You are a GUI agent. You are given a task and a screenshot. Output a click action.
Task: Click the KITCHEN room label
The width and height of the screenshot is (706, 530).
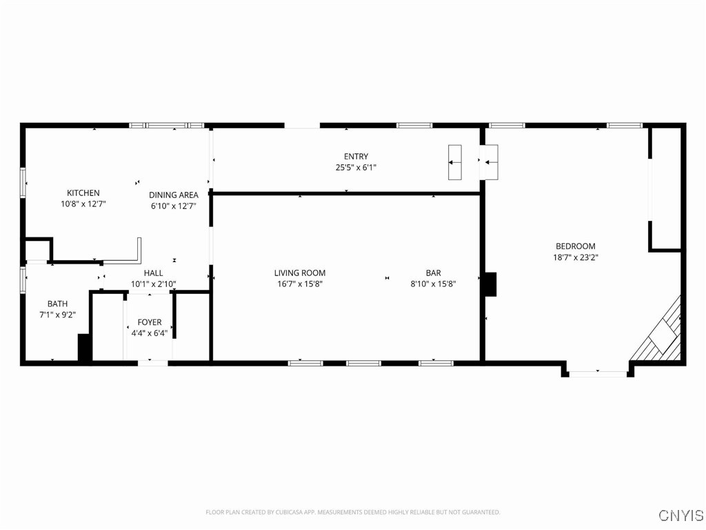click(x=83, y=193)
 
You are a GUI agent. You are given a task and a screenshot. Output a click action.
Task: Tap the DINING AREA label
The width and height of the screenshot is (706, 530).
click(x=173, y=195)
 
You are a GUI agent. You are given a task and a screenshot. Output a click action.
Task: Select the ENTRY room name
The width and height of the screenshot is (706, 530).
click(x=356, y=157)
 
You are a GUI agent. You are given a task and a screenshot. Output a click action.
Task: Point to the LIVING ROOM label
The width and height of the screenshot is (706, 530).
click(x=299, y=273)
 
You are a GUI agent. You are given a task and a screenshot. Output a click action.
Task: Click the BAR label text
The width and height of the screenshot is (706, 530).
click(x=433, y=273)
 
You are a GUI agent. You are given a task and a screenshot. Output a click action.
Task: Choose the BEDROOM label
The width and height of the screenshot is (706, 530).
click(x=575, y=246)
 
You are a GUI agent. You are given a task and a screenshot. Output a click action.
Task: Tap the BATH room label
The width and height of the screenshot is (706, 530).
click(x=57, y=304)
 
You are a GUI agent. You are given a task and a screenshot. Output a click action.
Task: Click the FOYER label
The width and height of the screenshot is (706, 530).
click(x=150, y=322)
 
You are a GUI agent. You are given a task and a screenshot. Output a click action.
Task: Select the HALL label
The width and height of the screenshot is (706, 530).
click(x=153, y=273)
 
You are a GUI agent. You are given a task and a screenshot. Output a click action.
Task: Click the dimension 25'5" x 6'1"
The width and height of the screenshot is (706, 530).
click(x=356, y=168)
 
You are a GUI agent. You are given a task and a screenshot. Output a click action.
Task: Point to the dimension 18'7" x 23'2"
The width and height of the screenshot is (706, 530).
click(x=575, y=257)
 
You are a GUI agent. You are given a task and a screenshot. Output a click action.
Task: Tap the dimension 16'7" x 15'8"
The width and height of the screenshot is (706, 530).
click(x=299, y=284)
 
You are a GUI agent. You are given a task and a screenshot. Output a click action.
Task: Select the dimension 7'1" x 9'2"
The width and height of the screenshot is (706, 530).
click(x=57, y=315)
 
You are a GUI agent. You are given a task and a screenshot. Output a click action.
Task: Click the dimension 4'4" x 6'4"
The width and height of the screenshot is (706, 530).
click(x=150, y=333)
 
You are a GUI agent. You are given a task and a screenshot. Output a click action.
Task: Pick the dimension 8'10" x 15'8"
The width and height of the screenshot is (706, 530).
click(x=433, y=284)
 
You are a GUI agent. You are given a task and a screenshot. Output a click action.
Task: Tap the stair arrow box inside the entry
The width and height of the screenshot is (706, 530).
click(x=454, y=162)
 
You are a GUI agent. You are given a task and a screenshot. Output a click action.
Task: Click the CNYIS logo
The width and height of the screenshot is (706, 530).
click(x=680, y=516)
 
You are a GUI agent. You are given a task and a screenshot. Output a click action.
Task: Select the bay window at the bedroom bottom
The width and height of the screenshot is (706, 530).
click(x=598, y=373)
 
